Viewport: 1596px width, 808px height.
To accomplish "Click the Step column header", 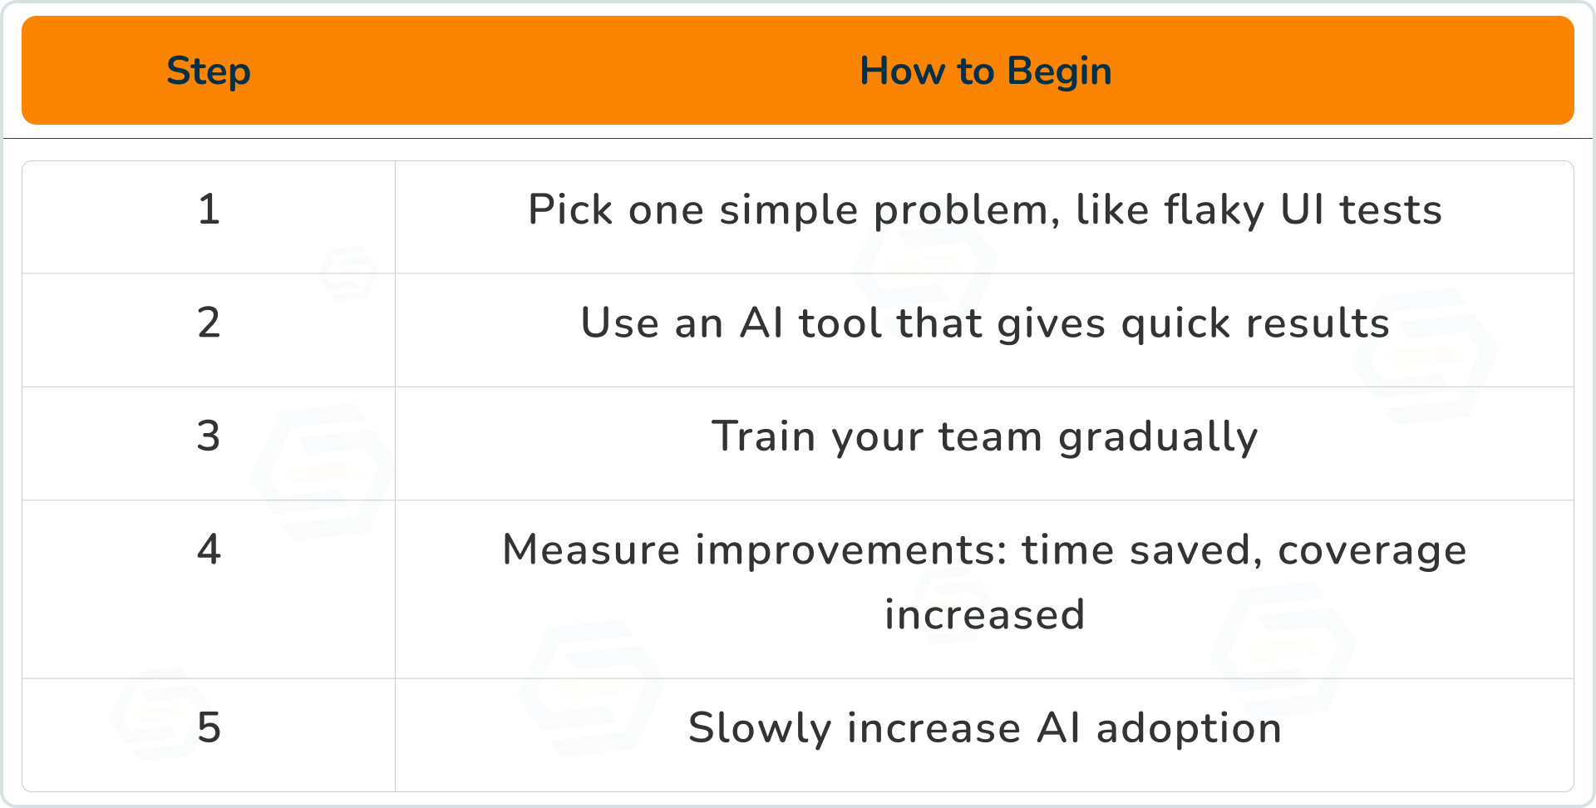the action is pos(209,71).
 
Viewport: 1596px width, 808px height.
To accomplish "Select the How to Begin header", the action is pos(985,71).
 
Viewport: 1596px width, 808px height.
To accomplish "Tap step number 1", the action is pos(209,209).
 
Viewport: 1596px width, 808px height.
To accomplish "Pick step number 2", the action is pos(209,322).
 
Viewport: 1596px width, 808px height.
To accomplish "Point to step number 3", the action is pos(209,436).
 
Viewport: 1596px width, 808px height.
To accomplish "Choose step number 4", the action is pos(209,549).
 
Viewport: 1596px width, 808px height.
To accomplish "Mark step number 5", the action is pos(209,727).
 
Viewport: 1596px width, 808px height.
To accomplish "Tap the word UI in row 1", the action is pos(1302,209).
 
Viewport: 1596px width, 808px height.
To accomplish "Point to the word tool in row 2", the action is pos(840,323).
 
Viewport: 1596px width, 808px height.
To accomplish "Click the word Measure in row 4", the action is pos(591,549).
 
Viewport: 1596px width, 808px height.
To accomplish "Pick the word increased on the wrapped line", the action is pos(985,614).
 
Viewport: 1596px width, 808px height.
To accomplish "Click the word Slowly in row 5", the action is pos(760,729).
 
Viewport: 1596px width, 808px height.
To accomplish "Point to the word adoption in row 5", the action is pos(1189,729).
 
